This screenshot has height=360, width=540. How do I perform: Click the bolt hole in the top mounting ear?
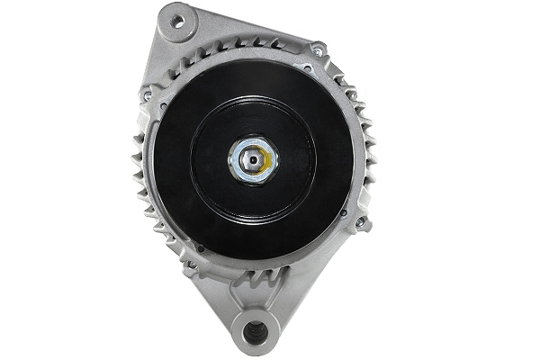point(176,20)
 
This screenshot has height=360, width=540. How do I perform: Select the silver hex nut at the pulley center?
point(252,160)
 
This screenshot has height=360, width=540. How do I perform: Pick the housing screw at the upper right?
point(317,50)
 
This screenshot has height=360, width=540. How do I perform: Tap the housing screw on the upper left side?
point(147,95)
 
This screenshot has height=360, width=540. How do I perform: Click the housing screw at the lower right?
point(361,221)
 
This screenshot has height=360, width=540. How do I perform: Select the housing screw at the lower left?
point(189,265)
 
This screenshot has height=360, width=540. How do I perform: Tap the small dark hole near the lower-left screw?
point(200,249)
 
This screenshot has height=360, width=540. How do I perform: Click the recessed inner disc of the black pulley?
point(253,160)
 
